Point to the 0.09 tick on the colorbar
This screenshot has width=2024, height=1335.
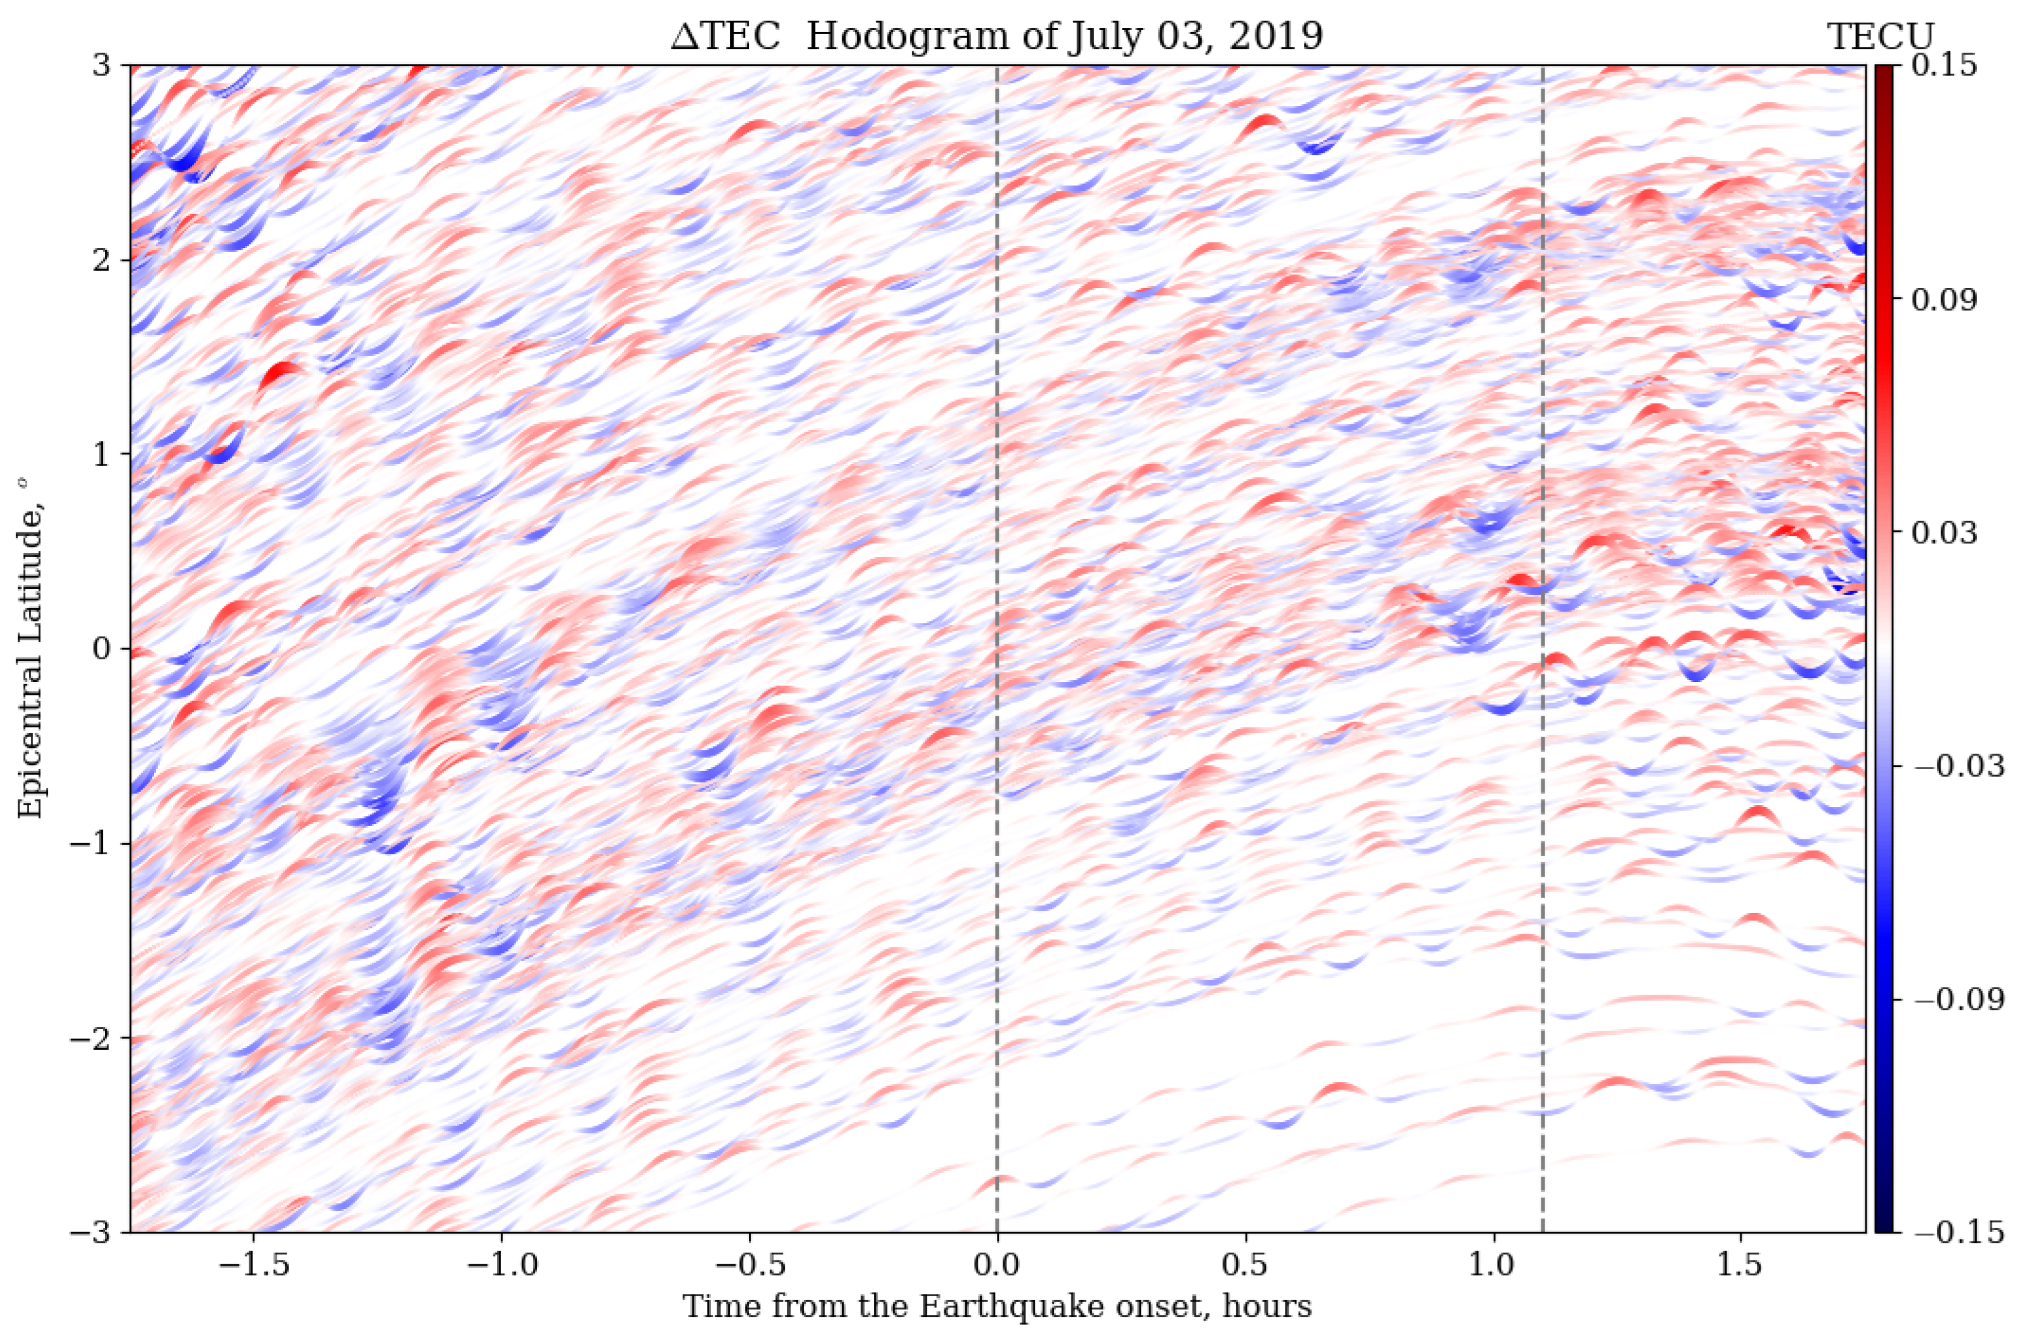[x=1946, y=300]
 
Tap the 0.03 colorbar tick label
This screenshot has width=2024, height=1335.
[x=1946, y=533]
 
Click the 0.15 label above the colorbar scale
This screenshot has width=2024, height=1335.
[x=1946, y=67]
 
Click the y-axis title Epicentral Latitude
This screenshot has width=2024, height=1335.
[x=32, y=649]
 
